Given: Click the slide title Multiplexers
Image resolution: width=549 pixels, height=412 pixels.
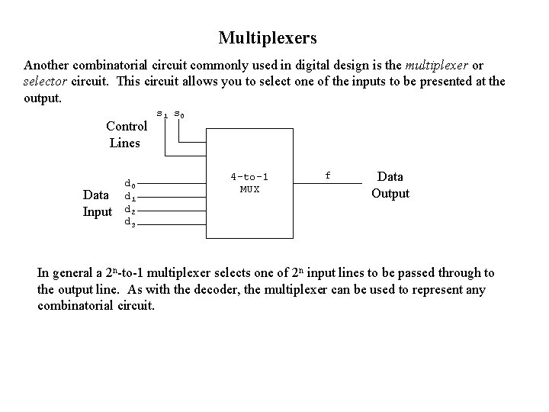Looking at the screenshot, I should point(267,37).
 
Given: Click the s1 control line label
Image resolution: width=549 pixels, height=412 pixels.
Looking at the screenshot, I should point(162,114).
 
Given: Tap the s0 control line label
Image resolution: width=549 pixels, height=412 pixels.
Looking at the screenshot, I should point(178,114).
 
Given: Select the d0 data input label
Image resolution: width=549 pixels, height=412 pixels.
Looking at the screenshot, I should point(130,183).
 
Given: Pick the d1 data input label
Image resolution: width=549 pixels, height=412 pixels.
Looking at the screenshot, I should point(130,196).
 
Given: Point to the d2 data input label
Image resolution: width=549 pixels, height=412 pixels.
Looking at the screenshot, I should point(130,210).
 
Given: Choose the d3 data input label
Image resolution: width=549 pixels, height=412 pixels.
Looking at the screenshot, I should point(130,223).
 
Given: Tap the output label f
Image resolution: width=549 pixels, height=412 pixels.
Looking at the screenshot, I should point(328,175).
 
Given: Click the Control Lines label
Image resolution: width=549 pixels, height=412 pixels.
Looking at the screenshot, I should point(127,134).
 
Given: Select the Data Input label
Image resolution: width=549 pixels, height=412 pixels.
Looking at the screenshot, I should point(97,204).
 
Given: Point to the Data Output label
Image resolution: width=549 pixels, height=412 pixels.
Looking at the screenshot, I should point(390,185).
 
